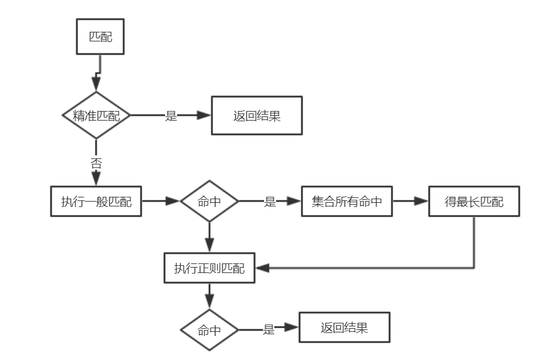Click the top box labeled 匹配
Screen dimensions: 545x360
coord(100,37)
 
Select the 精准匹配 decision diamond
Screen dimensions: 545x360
coord(96,115)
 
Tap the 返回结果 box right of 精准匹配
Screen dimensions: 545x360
coord(257,115)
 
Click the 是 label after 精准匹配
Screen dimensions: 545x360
coord(170,116)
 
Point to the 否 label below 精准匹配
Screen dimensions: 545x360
coord(96,163)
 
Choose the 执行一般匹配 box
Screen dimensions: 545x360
coord(96,201)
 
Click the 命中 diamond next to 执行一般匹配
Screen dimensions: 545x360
coord(209,201)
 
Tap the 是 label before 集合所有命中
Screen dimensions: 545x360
coord(269,202)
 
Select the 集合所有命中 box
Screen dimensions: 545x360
coord(347,201)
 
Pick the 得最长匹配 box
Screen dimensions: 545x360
coord(474,201)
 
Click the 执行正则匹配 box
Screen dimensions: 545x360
coord(209,268)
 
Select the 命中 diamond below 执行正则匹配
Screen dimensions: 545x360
coord(209,330)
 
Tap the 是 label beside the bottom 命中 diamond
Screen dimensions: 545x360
coord(269,329)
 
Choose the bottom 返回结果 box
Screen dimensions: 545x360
coord(345,328)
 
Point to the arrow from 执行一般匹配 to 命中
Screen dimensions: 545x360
coord(161,201)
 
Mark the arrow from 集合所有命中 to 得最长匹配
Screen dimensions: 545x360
coord(411,201)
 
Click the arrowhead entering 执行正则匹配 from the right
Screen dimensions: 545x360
coord(262,268)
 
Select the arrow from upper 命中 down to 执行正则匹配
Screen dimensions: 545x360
coord(209,238)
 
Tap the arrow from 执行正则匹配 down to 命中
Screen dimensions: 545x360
coord(209,296)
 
